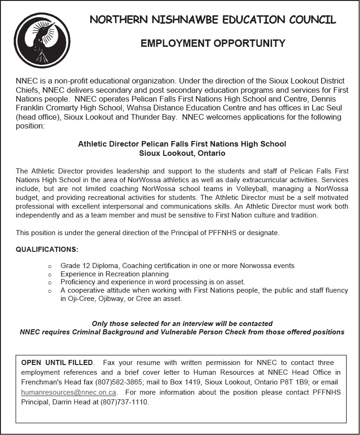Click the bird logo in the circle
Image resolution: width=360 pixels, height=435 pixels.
pyautogui.click(x=42, y=40)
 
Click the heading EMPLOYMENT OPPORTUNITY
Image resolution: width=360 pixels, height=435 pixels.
pyautogui.click(x=213, y=44)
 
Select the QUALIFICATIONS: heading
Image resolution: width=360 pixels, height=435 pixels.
pyautogui.click(x=47, y=249)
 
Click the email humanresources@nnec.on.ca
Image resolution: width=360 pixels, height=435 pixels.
pyautogui.click(x=69, y=392)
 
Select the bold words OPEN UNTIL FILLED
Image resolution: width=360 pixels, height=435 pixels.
pyautogui.click(x=57, y=362)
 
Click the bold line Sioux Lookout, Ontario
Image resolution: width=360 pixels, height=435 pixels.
pyautogui.click(x=182, y=153)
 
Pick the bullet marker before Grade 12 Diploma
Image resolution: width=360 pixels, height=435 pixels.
pyautogui.click(x=50, y=266)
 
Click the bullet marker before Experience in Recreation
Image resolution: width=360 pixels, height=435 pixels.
pyautogui.click(x=50, y=274)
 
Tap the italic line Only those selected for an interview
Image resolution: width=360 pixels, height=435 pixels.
pyautogui.click(x=182, y=324)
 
